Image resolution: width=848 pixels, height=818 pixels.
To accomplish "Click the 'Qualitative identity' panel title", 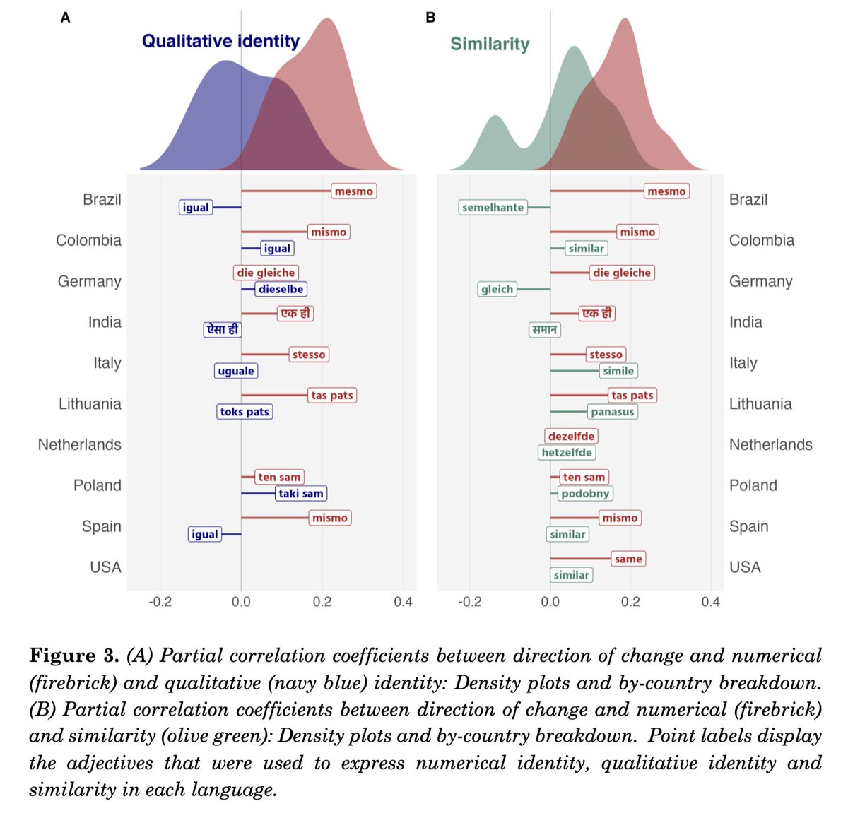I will [x=220, y=41].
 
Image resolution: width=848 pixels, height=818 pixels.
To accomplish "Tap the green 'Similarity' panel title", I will [x=490, y=45].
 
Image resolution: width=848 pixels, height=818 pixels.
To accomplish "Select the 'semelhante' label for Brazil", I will [x=493, y=208].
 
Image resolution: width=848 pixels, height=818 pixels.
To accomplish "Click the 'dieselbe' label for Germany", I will [x=281, y=289].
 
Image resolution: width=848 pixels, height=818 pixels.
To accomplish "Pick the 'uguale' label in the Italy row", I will [x=236, y=371].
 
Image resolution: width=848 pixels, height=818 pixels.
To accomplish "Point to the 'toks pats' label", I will [x=245, y=412].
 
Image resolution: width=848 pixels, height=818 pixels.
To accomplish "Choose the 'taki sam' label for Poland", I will [x=301, y=494].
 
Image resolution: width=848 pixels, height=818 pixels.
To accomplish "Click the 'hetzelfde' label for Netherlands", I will [x=567, y=453].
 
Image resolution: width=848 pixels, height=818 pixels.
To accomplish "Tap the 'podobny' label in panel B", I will [x=585, y=494].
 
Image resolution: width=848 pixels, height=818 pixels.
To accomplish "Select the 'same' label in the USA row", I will [x=628, y=559].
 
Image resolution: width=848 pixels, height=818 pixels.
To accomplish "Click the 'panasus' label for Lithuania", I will [x=613, y=412].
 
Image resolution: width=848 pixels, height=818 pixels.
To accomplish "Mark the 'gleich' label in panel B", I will [x=497, y=289].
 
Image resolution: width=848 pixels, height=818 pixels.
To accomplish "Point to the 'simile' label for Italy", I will [x=618, y=371].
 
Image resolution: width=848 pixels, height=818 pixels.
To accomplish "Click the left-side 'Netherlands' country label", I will [x=80, y=445].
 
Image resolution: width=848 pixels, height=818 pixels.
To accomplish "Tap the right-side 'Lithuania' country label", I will [x=760, y=404].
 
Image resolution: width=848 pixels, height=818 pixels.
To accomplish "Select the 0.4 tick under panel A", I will [x=403, y=602].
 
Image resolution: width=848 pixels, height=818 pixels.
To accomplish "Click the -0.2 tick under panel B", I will [x=469, y=602].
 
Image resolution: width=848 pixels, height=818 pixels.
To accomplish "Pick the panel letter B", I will [x=430, y=18].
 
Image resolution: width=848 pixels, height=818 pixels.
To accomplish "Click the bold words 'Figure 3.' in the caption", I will [x=74, y=656].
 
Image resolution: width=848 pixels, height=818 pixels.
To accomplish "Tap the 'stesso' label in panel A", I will [x=309, y=355].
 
